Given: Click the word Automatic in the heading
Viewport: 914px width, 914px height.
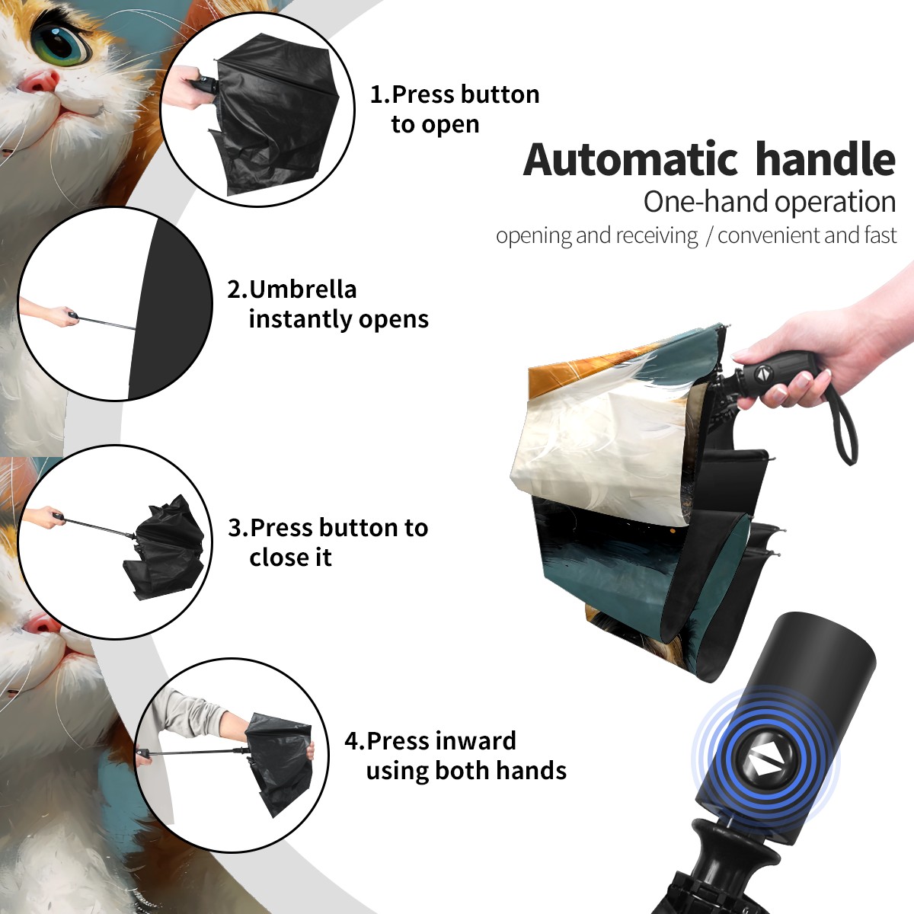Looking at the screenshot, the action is coord(631,159).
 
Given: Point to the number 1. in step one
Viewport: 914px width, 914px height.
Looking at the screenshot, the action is coord(379,94).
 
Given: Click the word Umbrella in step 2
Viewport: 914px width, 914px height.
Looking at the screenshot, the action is coord(302,289).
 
